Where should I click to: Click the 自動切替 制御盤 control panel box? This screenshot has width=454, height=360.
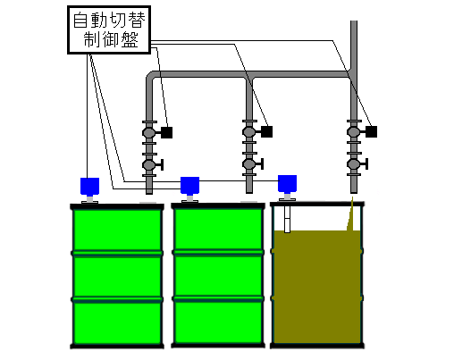109,29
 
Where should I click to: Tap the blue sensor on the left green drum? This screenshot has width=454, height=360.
89,187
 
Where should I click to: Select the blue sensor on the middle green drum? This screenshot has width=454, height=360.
189,186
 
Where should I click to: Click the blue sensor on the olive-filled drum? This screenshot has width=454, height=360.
287,184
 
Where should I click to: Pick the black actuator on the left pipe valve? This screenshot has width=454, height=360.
167,132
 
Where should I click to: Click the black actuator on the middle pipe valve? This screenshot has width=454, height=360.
267,131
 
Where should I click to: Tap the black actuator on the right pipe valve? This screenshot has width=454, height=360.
372,131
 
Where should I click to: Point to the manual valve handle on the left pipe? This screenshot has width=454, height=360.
160,164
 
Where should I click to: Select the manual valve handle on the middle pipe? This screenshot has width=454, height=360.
260,163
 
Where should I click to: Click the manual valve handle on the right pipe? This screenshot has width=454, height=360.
365,163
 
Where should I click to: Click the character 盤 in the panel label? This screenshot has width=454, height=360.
130,40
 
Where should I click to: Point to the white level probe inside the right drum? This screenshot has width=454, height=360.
287,219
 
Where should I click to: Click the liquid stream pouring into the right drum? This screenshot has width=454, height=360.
351,215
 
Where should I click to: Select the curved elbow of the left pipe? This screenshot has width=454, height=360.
151,76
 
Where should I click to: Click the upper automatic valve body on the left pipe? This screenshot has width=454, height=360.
149,132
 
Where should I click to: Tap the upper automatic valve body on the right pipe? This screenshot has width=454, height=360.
354,131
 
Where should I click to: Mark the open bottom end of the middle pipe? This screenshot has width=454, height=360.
249,192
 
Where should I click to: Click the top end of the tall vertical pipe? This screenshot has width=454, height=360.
354,21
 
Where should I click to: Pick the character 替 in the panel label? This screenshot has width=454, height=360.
137,21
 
